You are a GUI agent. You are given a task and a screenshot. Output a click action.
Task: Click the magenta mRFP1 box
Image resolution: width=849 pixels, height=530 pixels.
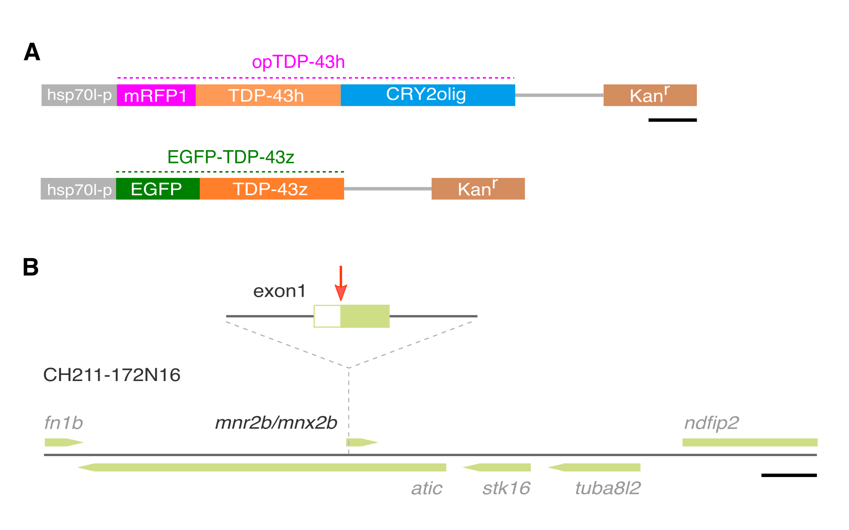tap(156, 95)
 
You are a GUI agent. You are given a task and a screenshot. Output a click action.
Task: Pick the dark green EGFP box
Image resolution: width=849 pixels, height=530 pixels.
tap(158, 189)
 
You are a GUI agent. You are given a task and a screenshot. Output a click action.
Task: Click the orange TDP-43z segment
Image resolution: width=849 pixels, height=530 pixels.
tap(271, 189)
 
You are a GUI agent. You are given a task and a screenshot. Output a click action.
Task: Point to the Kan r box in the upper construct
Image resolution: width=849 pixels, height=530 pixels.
tap(650, 95)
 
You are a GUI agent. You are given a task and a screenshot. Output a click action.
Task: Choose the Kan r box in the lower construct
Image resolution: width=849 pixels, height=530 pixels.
tap(478, 189)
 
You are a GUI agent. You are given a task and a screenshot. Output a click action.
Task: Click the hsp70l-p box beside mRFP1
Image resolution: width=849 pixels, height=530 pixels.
tap(79, 95)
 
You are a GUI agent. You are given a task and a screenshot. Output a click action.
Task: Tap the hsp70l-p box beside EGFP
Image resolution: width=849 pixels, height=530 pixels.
tap(78, 189)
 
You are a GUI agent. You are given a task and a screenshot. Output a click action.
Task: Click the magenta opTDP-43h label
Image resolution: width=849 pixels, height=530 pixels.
tap(298, 62)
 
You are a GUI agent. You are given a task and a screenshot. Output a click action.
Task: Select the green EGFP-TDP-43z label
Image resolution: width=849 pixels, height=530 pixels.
tap(231, 157)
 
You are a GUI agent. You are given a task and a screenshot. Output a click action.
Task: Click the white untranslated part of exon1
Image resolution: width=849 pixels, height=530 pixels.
tap(327, 316)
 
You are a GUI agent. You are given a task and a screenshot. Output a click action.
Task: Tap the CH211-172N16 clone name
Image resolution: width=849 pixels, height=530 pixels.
tap(112, 375)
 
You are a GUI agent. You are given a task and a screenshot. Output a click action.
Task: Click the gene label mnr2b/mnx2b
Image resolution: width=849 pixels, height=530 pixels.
tap(276, 423)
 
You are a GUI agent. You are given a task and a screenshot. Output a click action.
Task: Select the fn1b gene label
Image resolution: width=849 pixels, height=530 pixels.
tap(64, 423)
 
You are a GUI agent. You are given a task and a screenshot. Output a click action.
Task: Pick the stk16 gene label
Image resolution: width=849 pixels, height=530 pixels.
tap(506, 488)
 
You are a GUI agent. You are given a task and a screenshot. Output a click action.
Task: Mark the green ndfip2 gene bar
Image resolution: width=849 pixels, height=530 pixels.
tap(750, 442)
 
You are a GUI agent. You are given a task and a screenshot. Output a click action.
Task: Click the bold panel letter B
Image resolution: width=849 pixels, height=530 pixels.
tap(31, 267)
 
